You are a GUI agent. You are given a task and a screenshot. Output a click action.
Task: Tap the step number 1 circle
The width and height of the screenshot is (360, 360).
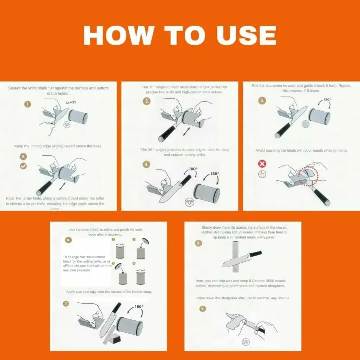pyautogui.click(x=28, y=104)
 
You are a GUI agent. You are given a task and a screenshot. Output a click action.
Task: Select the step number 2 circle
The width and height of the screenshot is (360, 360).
pyautogui.click(x=23, y=156)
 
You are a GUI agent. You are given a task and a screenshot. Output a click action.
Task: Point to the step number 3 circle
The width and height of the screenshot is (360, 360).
pyautogui.click(x=147, y=101)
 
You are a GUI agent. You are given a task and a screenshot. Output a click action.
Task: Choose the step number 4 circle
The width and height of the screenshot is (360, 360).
pyautogui.click(x=147, y=164)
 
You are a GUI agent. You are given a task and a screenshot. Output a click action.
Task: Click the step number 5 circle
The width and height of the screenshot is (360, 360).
pyautogui.click(x=263, y=100)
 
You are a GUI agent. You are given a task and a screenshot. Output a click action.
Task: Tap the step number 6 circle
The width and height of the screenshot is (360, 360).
pyautogui.click(x=69, y=240)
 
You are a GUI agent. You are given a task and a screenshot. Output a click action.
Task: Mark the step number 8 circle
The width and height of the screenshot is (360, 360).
pyautogui.click(x=199, y=243)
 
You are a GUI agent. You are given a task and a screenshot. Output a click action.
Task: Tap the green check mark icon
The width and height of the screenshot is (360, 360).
pyautogui.click(x=23, y=165)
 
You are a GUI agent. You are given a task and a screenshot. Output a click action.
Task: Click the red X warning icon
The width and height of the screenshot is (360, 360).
pyautogui.click(x=262, y=164)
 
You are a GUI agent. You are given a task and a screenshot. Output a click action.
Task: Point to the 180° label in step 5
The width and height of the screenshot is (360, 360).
pyautogui.click(x=327, y=100)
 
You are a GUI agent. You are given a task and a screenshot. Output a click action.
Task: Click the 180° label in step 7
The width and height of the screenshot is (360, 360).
pyautogui.click(x=138, y=307)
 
